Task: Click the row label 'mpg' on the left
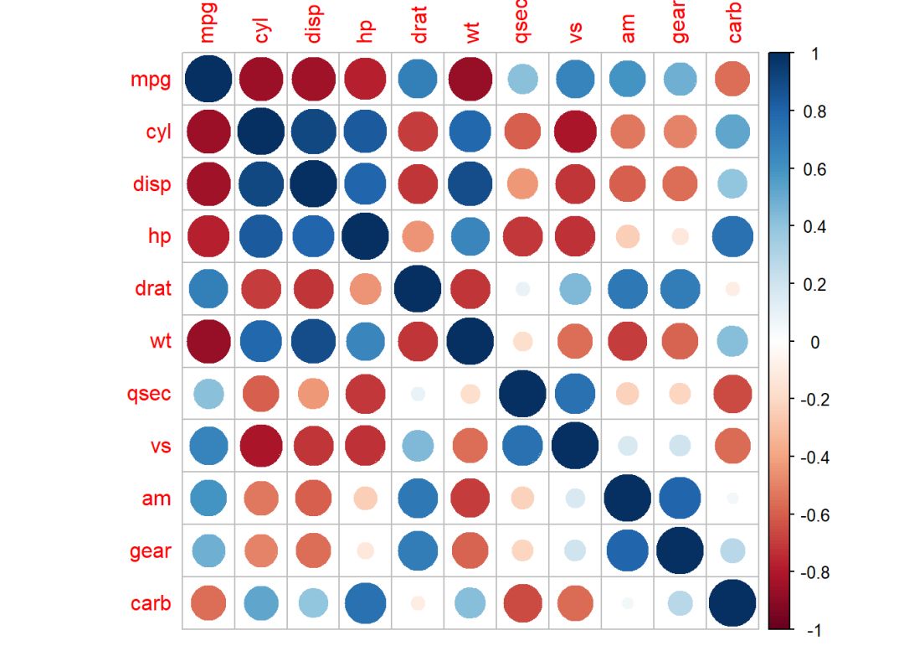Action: [151, 80]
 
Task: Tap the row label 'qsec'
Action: [149, 394]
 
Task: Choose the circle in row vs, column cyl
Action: [261, 446]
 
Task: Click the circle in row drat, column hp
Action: [366, 289]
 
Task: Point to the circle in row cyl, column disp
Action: [313, 132]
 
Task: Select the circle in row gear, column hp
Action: [366, 550]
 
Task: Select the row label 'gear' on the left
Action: [151, 550]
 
